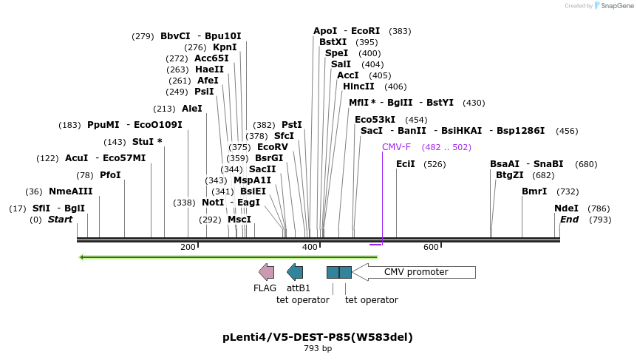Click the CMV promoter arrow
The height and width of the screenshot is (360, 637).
[414, 272]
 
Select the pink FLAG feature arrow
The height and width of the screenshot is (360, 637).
[266, 271]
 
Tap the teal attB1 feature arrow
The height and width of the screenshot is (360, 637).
[295, 271]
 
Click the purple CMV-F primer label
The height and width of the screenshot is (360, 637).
[396, 147]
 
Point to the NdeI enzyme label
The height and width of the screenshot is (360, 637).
[566, 208]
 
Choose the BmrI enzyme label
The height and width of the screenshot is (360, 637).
[534, 191]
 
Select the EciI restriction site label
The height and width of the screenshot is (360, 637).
[406, 164]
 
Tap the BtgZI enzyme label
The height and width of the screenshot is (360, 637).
[510, 175]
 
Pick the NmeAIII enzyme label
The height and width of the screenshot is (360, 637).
[71, 191]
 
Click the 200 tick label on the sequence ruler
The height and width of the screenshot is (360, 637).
[188, 247]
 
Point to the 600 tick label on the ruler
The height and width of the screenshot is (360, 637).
[431, 247]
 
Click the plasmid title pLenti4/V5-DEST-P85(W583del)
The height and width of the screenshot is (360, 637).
[318, 337]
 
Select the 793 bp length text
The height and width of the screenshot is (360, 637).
[318, 349]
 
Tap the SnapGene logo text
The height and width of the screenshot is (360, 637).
[613, 6]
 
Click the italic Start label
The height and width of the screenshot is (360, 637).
[61, 220]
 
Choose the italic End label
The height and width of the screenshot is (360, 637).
[569, 220]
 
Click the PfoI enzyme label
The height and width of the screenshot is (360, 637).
[110, 175]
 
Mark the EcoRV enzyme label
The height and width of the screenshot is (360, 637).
[272, 147]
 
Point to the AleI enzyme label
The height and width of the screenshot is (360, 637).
[192, 109]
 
